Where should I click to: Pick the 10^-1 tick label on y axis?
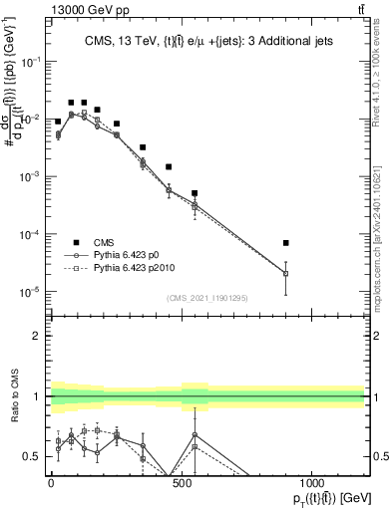[30, 62]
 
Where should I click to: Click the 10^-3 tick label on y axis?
[30, 176]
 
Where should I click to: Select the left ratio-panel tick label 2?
[37, 336]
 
